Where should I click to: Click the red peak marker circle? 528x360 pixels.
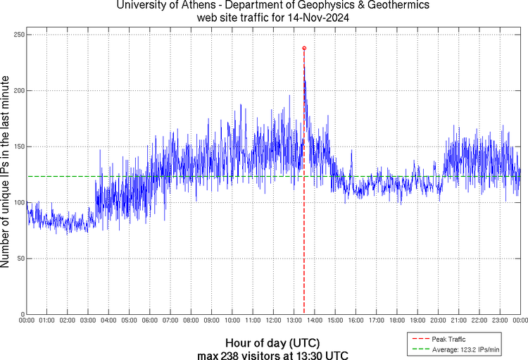click(x=304, y=48)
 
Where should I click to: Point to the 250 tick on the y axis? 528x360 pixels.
click(x=18, y=35)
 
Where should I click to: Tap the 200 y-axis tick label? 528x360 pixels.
click(x=18, y=91)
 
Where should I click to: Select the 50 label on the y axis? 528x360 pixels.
click(x=20, y=259)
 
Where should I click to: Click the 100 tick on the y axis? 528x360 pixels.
click(x=18, y=203)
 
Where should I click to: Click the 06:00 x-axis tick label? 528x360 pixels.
click(x=150, y=321)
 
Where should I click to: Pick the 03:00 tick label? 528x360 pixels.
click(x=88, y=321)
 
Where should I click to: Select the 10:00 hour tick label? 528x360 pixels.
click(x=232, y=321)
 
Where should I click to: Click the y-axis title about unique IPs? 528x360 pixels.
click(x=6, y=173)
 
